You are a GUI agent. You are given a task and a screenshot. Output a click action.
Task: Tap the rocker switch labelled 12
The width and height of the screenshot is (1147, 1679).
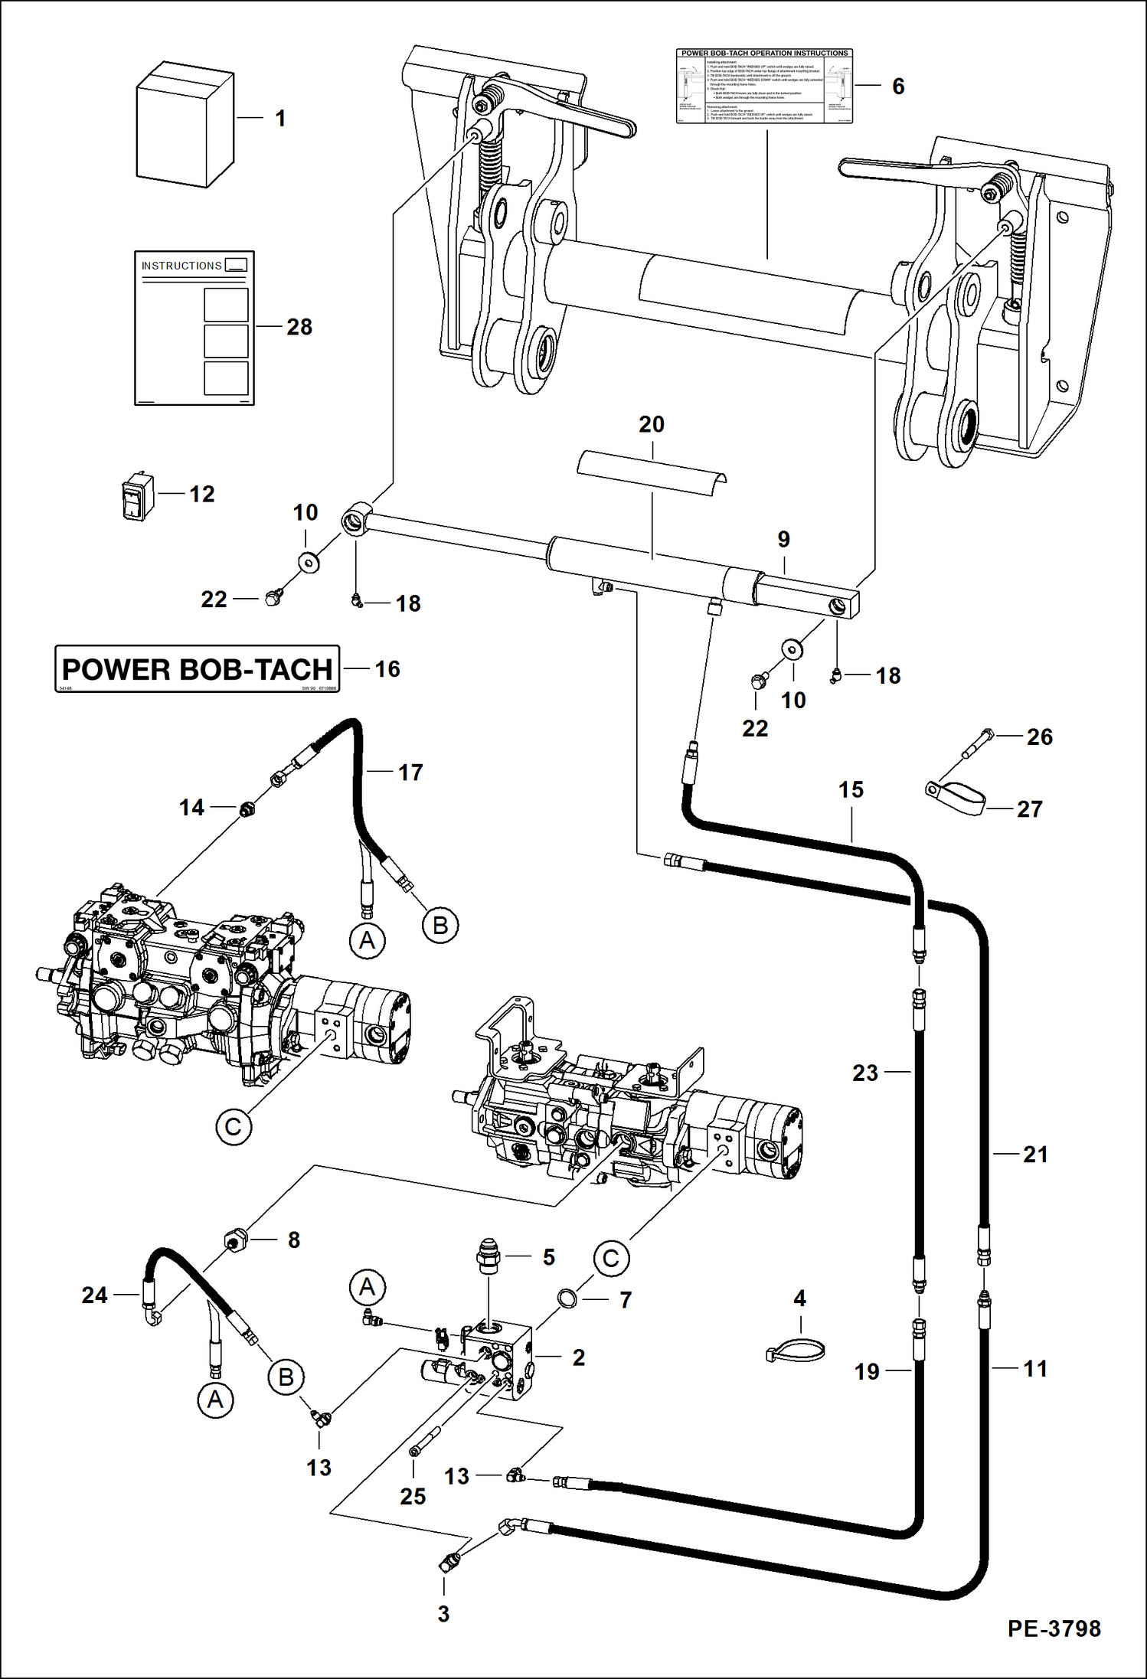(x=138, y=497)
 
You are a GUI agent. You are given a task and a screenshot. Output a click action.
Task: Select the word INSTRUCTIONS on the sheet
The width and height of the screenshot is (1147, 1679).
(x=181, y=266)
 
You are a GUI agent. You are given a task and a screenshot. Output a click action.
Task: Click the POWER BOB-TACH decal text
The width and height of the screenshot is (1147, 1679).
(x=197, y=669)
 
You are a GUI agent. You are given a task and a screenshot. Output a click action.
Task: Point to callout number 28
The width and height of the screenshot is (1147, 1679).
(x=299, y=327)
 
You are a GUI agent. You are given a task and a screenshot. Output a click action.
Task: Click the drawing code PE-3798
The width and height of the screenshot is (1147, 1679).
(x=1054, y=1628)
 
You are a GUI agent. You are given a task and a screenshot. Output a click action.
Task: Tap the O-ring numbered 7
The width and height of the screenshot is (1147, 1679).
(x=567, y=1298)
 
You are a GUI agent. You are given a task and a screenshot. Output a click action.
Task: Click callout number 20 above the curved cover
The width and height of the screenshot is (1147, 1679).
(x=652, y=424)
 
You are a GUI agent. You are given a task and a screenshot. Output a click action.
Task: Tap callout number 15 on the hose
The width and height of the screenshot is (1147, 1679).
(x=851, y=789)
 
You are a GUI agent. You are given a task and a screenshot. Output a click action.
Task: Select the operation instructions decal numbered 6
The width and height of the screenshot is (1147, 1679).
(x=763, y=86)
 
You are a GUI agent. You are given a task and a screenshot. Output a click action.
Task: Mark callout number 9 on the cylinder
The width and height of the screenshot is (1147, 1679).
(x=783, y=539)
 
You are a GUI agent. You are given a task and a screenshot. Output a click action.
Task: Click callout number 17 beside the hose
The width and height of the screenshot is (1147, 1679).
(x=410, y=772)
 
